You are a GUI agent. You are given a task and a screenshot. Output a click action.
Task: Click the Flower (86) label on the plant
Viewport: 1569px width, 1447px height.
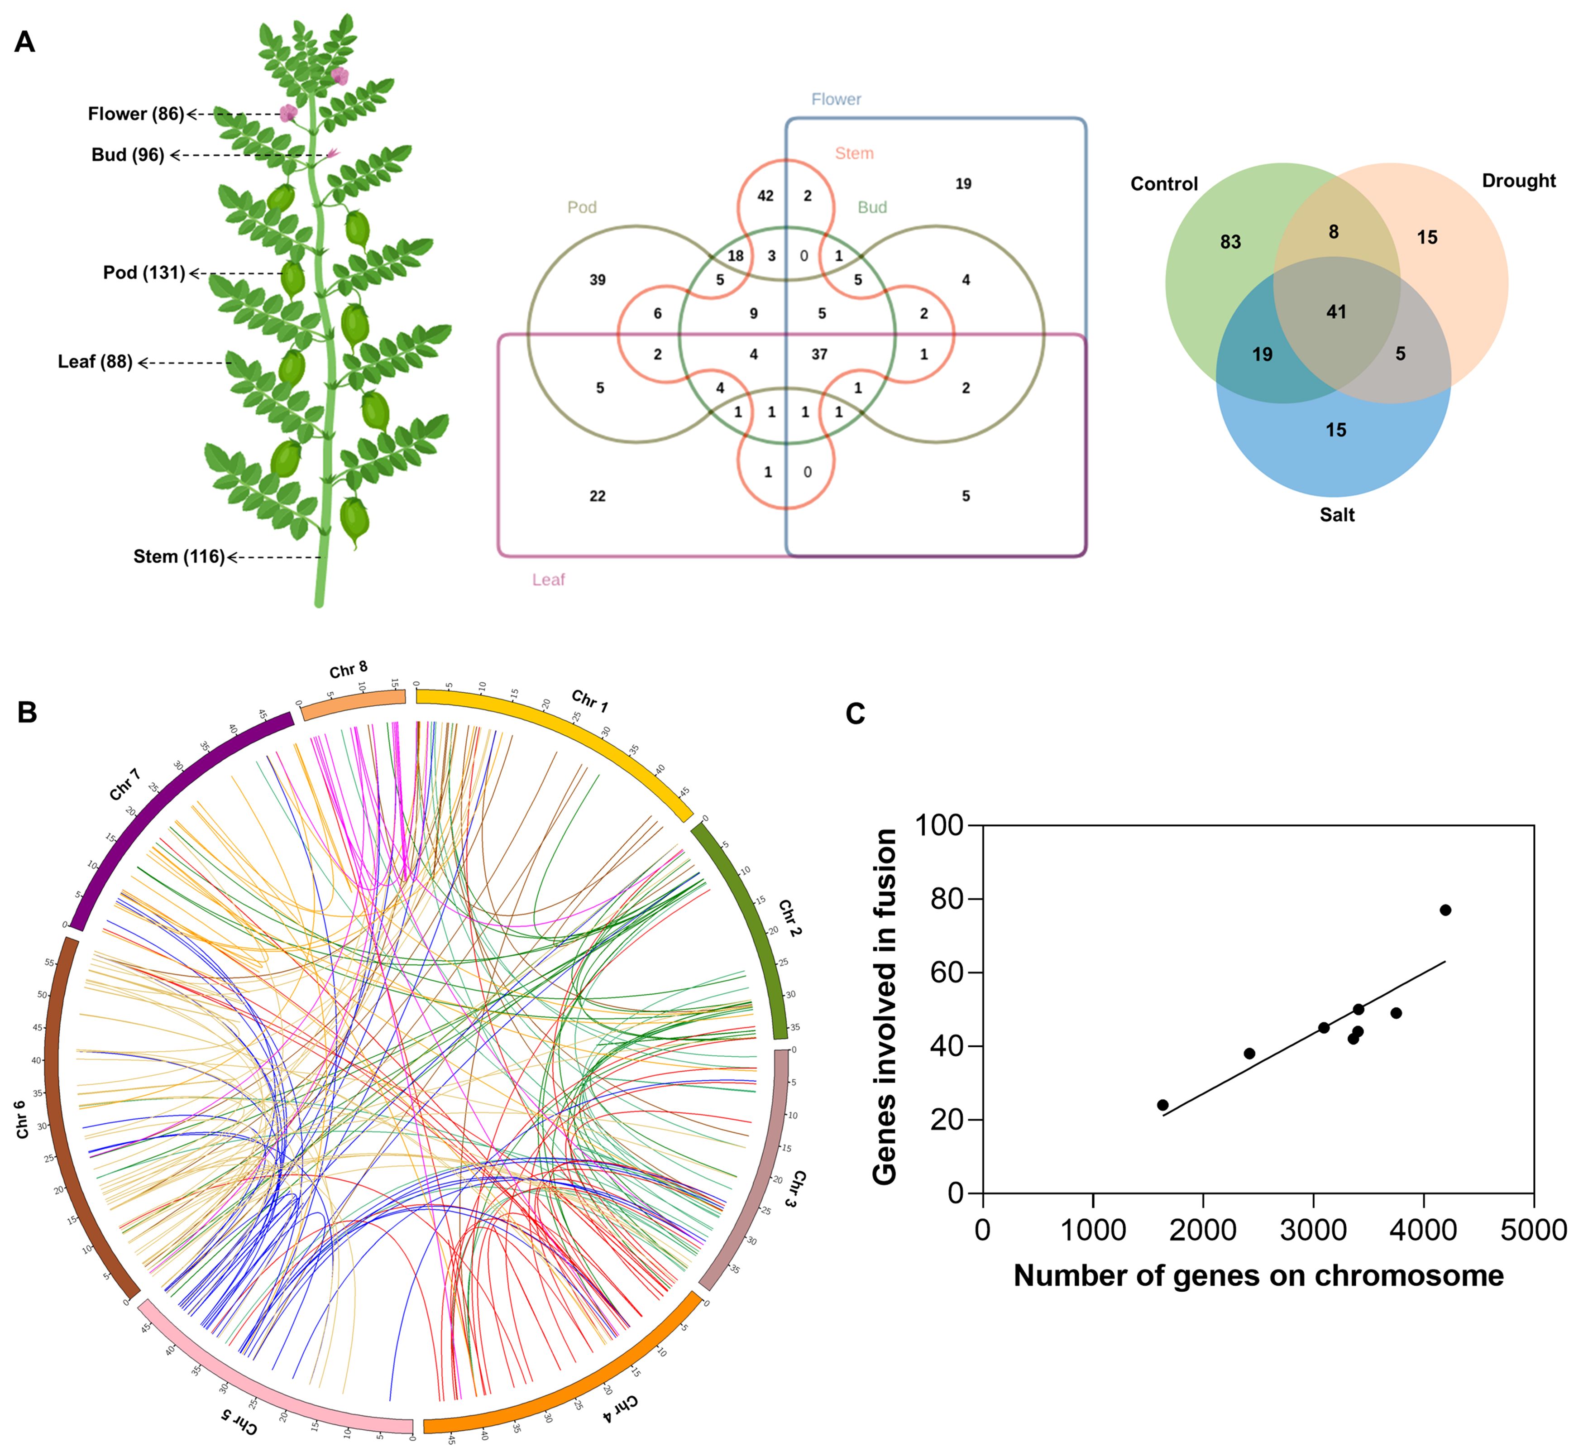pos(135,114)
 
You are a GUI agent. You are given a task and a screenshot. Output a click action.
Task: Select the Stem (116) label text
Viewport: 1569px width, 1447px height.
pos(178,557)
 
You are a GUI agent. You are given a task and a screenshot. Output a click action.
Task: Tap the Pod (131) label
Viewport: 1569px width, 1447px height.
pos(144,273)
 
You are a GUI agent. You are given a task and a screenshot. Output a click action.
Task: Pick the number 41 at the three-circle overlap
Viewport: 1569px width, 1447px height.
pos(1336,311)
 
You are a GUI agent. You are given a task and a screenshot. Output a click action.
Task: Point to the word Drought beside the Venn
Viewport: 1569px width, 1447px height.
pos(1518,181)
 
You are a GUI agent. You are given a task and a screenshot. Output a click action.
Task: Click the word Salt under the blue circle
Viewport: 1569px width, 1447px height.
pos(1336,514)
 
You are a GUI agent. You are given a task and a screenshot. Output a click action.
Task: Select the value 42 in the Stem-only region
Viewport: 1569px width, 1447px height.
pos(765,196)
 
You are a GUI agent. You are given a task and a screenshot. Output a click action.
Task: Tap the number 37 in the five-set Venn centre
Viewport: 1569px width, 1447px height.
pos(819,355)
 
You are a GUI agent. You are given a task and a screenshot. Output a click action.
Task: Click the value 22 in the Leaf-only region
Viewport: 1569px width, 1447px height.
pos(598,496)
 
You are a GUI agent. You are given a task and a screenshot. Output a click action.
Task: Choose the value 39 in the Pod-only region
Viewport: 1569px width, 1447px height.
pos(598,279)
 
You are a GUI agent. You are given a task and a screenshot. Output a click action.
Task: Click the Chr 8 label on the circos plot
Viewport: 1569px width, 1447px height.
pos(348,670)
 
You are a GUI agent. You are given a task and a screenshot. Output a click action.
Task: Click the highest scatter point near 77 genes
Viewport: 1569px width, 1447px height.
pos(1445,910)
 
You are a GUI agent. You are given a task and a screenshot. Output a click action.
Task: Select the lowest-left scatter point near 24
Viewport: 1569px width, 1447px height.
pos(1162,1105)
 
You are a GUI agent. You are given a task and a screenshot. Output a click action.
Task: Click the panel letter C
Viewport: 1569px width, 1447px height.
pos(855,714)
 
